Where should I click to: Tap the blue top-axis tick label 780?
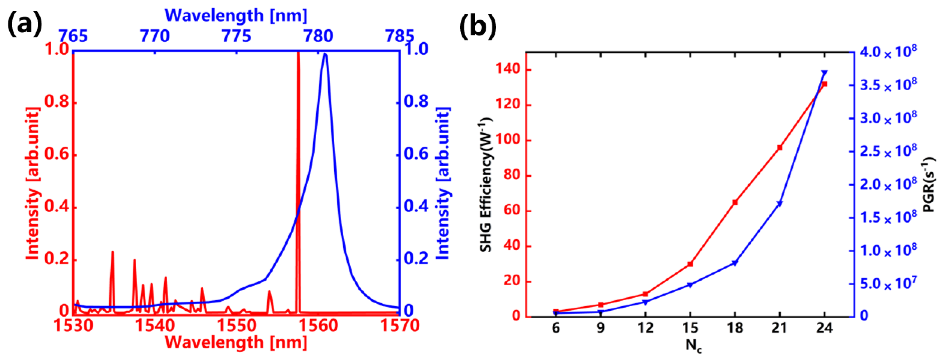click(318, 36)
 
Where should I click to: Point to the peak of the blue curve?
click(325, 54)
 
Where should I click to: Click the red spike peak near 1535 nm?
click(112, 252)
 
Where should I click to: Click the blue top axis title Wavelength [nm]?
click(236, 15)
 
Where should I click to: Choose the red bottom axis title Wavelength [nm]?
click(236, 343)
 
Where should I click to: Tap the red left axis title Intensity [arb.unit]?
click(32, 183)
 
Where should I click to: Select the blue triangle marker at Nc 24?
click(824, 73)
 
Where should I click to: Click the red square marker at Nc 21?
click(780, 147)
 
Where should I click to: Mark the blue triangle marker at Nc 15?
click(690, 285)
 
